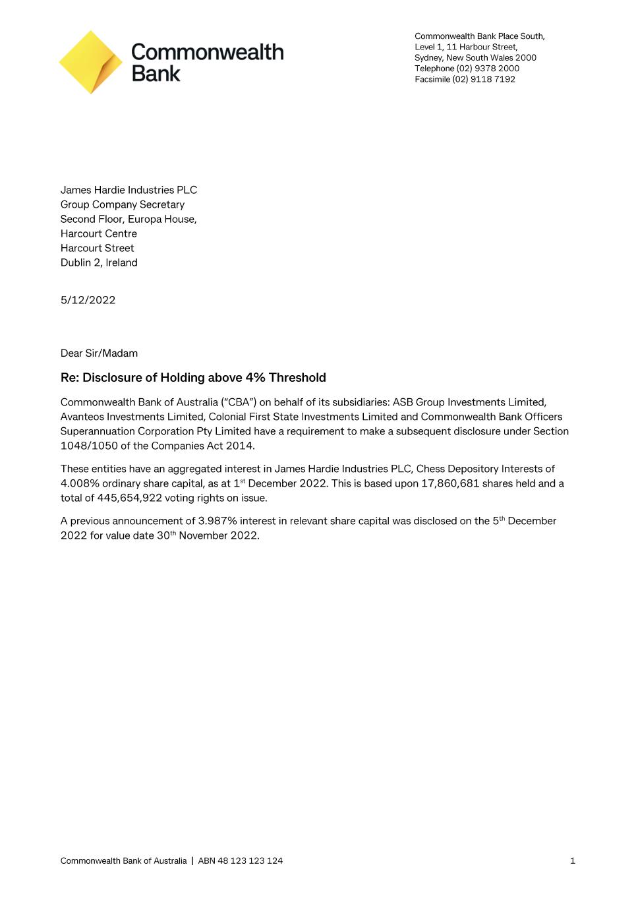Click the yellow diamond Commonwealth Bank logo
point(91,62)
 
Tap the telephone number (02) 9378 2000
point(488,69)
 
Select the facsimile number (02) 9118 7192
point(484,79)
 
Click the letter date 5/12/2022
point(88,300)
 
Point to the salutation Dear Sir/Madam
point(99,353)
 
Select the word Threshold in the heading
point(297,378)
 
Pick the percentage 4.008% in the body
point(80,483)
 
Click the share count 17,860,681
point(450,483)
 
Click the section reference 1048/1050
point(89,446)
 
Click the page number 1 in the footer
point(572,860)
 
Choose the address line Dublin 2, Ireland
point(99,262)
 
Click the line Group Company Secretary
point(123,204)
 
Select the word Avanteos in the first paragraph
point(82,417)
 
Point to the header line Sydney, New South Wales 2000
point(475,58)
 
